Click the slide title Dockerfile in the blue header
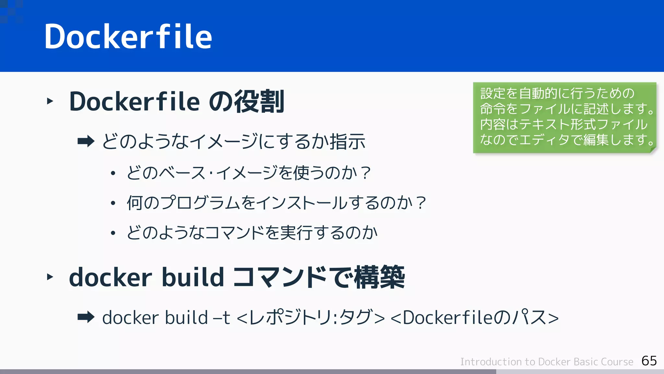click(x=128, y=36)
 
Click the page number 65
click(x=649, y=361)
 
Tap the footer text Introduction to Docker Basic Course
click(x=547, y=362)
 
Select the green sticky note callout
click(x=564, y=117)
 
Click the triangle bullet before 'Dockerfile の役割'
click(x=50, y=101)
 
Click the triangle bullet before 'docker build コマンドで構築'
click(x=50, y=277)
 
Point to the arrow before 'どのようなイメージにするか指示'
click(x=86, y=141)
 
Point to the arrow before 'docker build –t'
click(x=86, y=317)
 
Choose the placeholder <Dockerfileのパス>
click(x=475, y=318)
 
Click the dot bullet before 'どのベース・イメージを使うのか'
click(x=113, y=173)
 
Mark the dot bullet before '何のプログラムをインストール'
click(x=113, y=204)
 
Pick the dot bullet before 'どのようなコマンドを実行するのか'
click(x=113, y=233)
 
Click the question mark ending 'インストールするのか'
click(x=421, y=203)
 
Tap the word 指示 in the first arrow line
click(x=348, y=142)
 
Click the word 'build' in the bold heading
click(x=193, y=277)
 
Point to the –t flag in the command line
click(x=221, y=318)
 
